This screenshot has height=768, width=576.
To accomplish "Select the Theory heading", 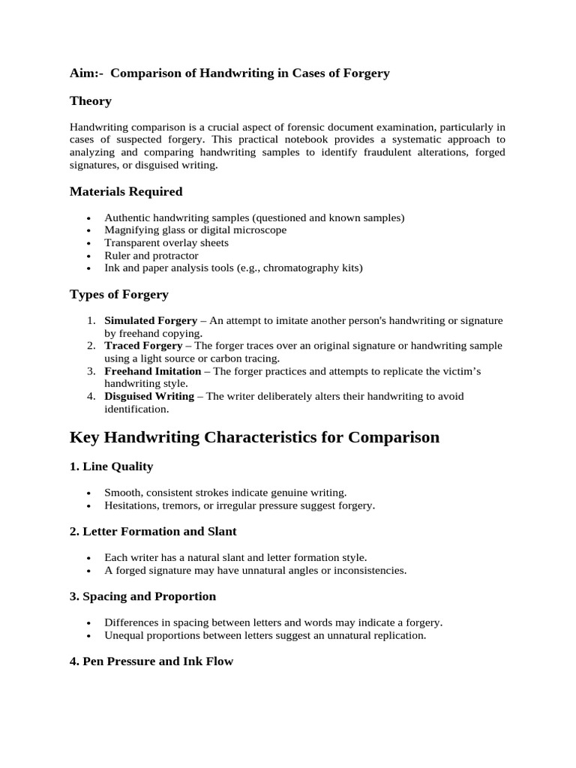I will click(x=91, y=100).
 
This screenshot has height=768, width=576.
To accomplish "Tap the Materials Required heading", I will click(x=126, y=191).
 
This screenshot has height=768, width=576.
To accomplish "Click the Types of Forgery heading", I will click(x=119, y=294).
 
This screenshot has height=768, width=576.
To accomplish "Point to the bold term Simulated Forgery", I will click(x=151, y=320).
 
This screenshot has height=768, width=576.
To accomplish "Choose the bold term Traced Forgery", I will click(x=143, y=346).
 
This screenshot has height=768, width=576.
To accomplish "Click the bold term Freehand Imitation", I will click(x=153, y=371).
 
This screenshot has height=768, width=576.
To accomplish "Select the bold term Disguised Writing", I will click(x=149, y=396).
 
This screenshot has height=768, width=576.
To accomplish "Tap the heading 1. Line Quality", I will click(x=111, y=466).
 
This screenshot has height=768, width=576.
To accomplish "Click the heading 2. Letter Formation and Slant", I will click(x=153, y=531).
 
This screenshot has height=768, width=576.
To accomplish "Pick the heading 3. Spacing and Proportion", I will click(x=142, y=596).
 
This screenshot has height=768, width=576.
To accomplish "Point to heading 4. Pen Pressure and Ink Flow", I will click(x=151, y=661).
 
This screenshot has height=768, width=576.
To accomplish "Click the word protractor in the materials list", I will click(x=175, y=256).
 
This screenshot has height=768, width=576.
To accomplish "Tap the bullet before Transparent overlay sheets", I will click(x=89, y=244).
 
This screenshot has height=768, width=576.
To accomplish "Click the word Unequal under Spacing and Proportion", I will click(x=123, y=635).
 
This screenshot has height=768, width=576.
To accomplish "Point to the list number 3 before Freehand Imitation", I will click(x=90, y=371).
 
